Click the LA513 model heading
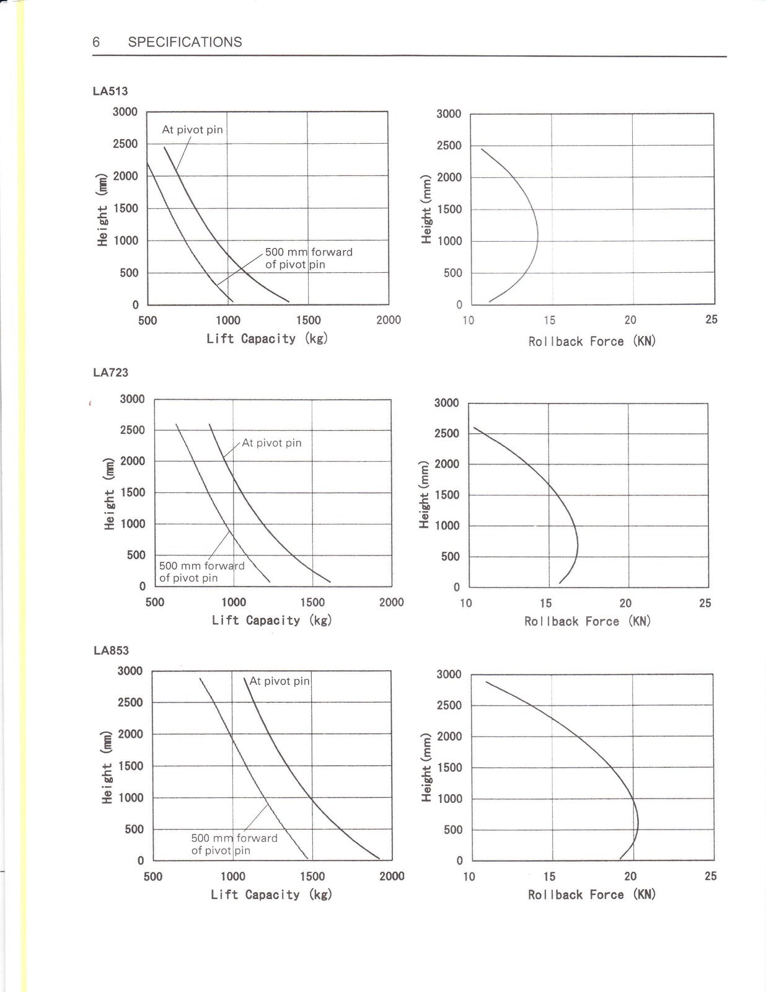click(x=110, y=91)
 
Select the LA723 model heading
click(x=110, y=373)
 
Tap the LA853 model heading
click(x=111, y=650)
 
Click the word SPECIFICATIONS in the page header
click(x=185, y=42)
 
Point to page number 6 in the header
click(x=96, y=42)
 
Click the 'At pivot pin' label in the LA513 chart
click(x=193, y=130)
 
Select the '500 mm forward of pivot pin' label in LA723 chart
click(x=202, y=572)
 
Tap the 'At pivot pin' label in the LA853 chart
click(x=280, y=681)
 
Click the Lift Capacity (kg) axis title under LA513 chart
click(x=267, y=339)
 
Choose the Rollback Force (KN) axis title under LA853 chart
click(x=592, y=894)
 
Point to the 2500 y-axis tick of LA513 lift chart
click(x=125, y=144)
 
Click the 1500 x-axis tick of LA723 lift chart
click(x=312, y=603)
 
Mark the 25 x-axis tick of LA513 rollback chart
click(x=711, y=319)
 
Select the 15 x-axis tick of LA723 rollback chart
click(x=545, y=603)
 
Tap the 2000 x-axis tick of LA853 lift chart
click(x=392, y=876)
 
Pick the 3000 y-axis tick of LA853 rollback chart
click(x=449, y=675)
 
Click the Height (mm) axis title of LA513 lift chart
click(x=103, y=210)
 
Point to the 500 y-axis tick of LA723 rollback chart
click(x=451, y=557)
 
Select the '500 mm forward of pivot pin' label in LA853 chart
click(x=234, y=844)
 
